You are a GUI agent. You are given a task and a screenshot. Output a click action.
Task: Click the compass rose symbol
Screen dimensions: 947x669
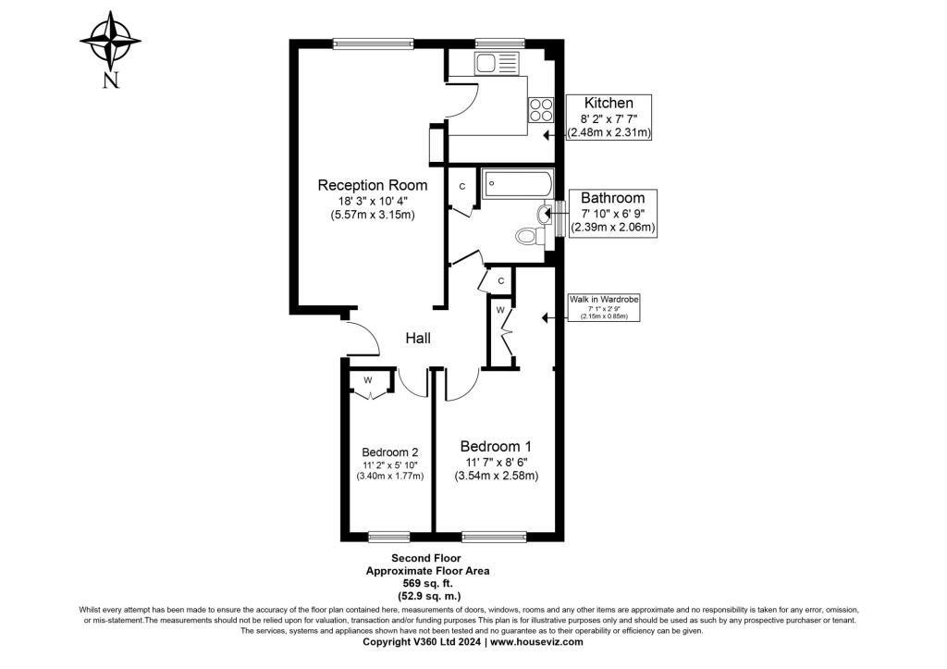coord(110,41)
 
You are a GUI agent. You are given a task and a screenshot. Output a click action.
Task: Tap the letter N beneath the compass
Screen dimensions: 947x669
coord(111,81)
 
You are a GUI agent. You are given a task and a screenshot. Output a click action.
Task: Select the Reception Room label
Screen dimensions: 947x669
coord(373,185)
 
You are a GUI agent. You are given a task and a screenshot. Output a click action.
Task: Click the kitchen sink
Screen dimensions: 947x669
coord(497,63)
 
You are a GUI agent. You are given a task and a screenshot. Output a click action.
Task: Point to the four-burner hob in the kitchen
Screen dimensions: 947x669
coord(541,110)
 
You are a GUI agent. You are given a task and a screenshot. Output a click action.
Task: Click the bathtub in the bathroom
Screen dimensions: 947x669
coord(518,184)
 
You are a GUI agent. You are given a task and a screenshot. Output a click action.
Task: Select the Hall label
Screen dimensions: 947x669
coord(418,338)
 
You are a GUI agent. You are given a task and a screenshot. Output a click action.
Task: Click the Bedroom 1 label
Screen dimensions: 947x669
coord(496,447)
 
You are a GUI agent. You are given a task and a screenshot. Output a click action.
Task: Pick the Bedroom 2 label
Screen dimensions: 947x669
coord(390,452)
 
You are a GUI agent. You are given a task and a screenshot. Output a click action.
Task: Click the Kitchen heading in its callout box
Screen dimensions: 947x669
coord(609,104)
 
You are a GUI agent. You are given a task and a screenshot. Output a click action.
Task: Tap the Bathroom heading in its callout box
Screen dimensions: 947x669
coord(613,198)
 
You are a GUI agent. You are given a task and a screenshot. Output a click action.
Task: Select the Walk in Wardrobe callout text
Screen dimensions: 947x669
coord(604,299)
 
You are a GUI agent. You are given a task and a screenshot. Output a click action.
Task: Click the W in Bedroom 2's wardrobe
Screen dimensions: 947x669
coord(368,380)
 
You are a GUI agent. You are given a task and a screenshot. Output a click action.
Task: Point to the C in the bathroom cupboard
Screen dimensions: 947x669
coord(462,187)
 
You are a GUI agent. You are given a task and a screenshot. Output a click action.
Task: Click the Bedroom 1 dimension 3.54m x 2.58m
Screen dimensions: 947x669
coord(497,476)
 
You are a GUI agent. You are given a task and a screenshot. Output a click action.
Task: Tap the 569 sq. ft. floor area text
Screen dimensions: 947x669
coord(427,583)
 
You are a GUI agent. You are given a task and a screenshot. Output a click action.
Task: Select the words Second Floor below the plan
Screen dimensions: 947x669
coord(426,558)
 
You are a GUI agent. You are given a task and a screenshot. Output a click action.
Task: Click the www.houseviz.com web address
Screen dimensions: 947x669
coord(536,642)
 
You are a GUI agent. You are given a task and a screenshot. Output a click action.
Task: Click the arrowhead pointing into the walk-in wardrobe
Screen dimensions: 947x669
coord(546,317)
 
